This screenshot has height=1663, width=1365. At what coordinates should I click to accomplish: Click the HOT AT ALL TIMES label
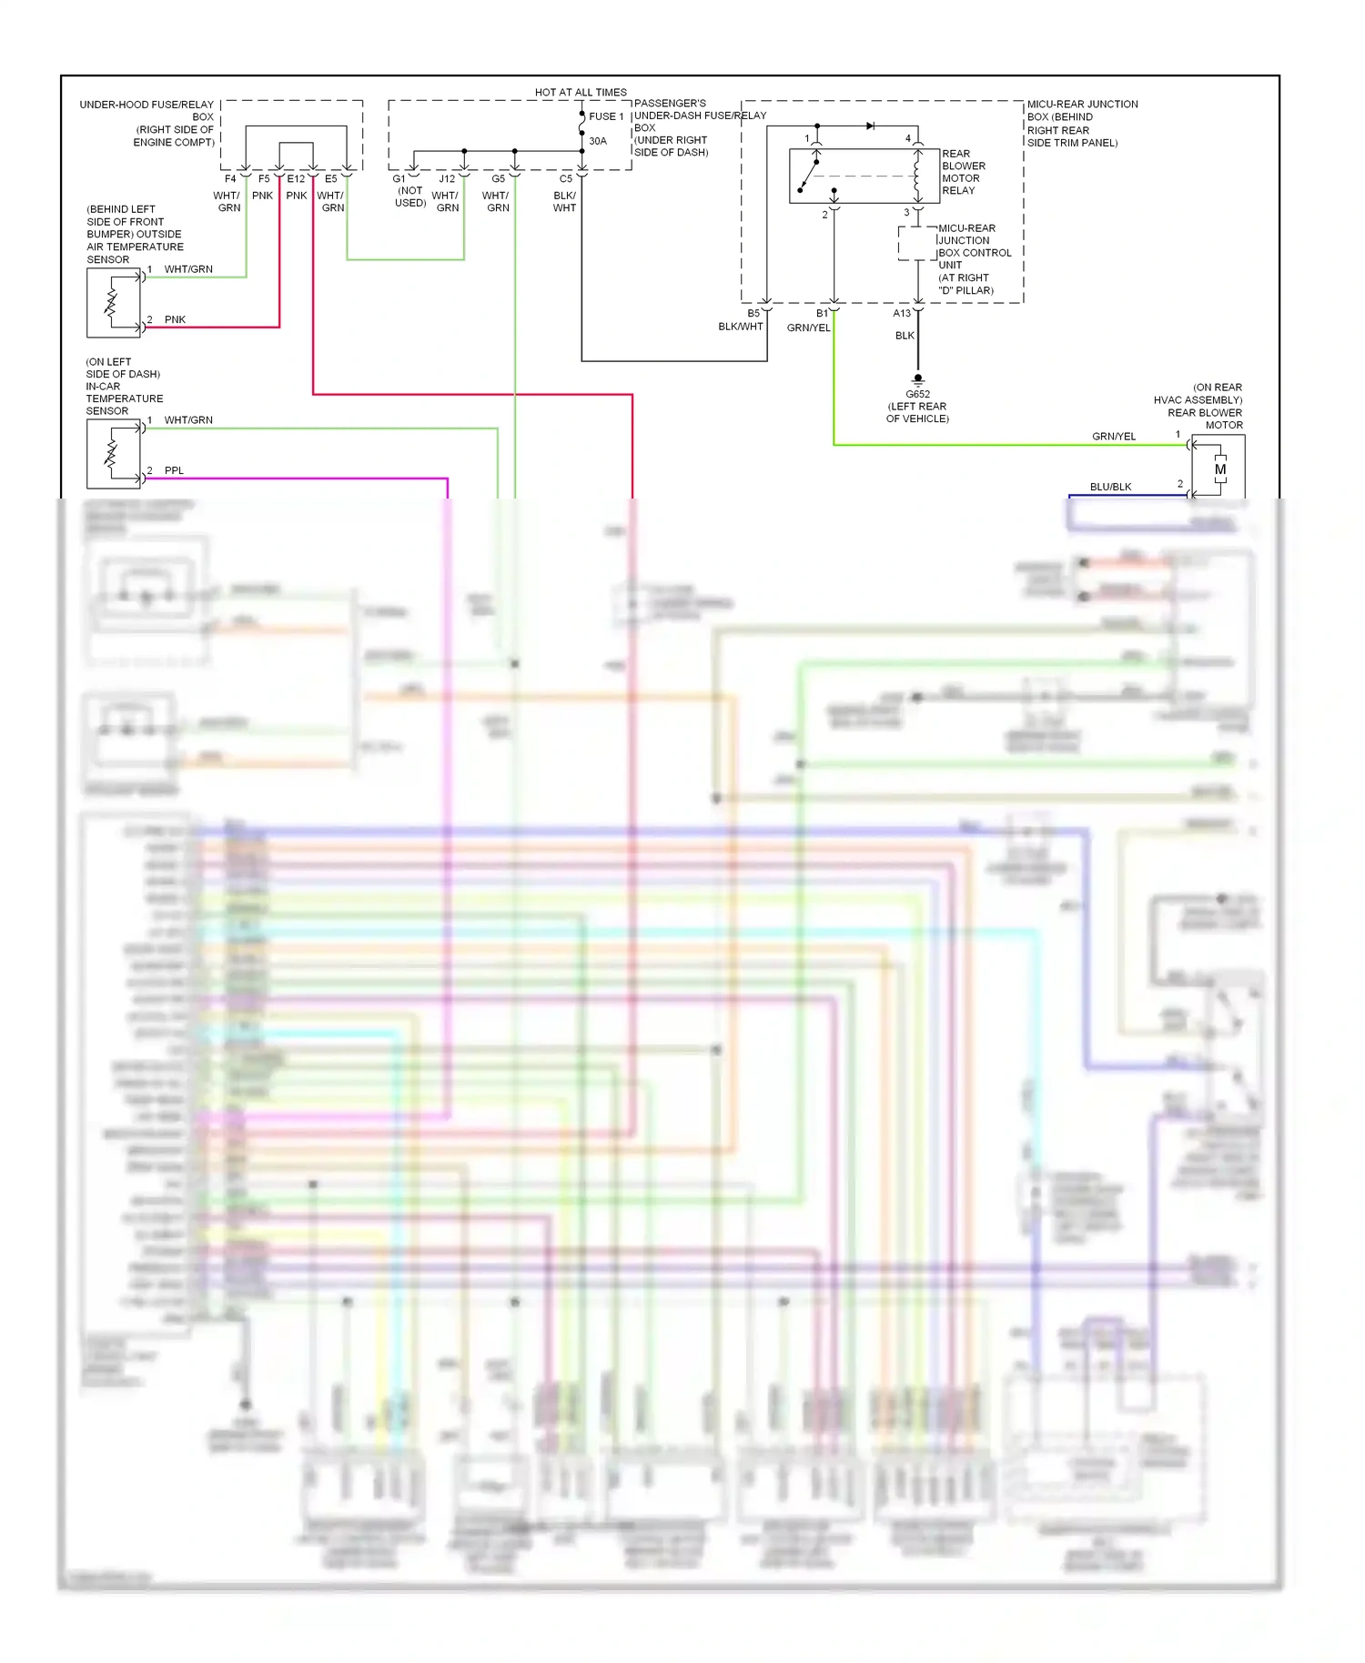pos(581,92)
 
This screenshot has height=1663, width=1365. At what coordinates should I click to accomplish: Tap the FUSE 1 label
pos(606,116)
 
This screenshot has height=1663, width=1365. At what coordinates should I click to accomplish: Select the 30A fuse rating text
pos(598,141)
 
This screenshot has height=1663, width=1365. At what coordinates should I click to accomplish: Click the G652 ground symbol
pos(918,378)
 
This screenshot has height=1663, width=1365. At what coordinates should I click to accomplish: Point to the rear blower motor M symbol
pos(1220,469)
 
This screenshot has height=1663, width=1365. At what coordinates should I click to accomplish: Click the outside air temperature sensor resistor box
pos(114,303)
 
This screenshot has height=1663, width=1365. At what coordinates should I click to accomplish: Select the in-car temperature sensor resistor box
pos(114,454)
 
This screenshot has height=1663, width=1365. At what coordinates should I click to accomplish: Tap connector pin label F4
pos(230,179)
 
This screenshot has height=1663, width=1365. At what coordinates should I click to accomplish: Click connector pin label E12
pos(296,179)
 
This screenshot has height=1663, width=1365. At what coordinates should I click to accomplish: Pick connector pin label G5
pos(498,179)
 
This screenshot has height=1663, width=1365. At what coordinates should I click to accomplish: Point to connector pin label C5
pos(566,179)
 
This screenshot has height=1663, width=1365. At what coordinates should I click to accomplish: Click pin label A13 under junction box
pos(902,313)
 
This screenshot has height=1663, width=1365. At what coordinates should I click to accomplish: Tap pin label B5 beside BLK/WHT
pos(753,313)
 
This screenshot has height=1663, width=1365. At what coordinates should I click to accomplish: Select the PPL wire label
pos(174,470)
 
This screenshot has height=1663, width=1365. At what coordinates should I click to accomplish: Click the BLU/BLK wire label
pos(1110,487)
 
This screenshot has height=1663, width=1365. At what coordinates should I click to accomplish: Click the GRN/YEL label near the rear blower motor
pos(1114,437)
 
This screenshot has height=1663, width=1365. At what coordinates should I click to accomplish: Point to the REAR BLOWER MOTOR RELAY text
pos(964,172)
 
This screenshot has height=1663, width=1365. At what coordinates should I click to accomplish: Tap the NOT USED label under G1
pos(410,197)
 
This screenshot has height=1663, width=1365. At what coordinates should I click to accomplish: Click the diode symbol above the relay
pos(871,126)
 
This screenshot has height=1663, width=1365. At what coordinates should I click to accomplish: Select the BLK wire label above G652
pos(905,336)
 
